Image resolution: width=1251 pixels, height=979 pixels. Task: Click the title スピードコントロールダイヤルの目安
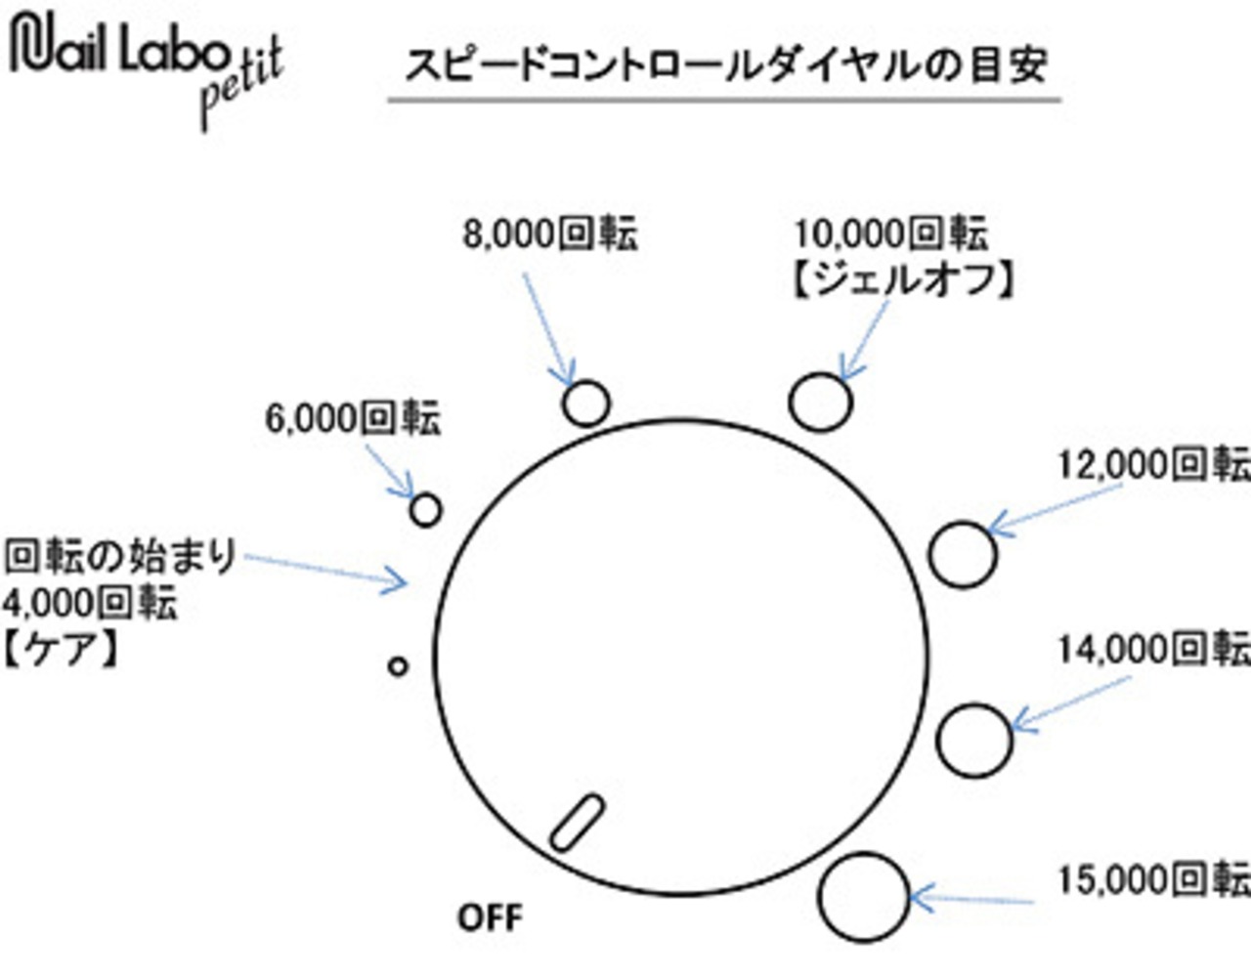coord(725,64)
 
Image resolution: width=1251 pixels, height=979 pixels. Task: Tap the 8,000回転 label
coord(550,234)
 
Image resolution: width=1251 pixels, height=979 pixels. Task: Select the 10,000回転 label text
coord(890,234)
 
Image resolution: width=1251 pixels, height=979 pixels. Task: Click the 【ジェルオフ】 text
coord(901,279)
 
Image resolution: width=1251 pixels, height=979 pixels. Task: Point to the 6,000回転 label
coord(353,418)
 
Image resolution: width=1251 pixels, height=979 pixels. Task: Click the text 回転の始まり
coord(120,557)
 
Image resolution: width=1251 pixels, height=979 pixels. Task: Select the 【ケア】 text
coord(61,649)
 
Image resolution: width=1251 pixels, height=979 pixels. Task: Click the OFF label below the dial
coord(491,917)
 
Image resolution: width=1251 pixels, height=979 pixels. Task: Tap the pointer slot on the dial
coord(577,823)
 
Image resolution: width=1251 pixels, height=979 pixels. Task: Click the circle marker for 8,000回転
coord(586,403)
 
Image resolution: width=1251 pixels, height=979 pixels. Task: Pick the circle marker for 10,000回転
coord(820,402)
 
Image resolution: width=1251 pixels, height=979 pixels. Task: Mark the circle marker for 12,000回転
coord(963,555)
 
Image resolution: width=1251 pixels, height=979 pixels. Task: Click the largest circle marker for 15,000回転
coord(864,897)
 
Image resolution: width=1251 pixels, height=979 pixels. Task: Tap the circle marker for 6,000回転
coord(425,509)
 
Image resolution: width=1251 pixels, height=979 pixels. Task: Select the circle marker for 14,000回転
coord(973,740)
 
